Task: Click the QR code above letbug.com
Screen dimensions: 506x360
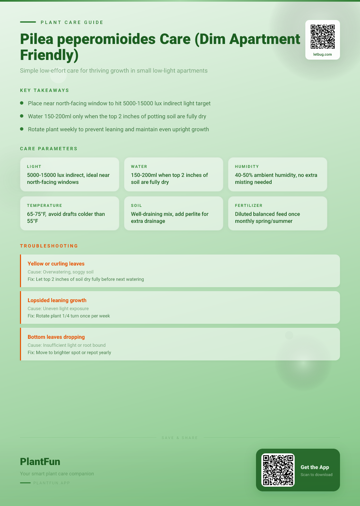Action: point(323,37)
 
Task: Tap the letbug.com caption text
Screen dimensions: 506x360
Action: point(323,54)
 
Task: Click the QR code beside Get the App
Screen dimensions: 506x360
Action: point(278,470)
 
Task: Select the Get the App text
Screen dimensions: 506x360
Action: point(315,467)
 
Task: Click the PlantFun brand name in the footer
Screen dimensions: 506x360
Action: point(40,462)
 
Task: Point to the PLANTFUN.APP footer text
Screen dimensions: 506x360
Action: point(52,483)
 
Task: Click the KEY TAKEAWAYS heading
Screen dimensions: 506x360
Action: point(45,90)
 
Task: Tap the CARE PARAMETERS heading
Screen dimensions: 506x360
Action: point(49,149)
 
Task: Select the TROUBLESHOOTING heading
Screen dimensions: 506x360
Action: point(49,246)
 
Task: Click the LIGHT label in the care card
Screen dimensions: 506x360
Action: point(34,167)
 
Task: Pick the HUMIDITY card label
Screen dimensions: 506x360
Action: point(247,167)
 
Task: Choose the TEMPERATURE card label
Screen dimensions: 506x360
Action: point(45,206)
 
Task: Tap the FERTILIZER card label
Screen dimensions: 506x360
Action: point(249,206)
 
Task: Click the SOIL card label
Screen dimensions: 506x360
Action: point(136,206)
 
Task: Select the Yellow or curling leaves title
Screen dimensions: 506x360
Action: point(56,264)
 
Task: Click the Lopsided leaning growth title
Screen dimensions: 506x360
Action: point(57,300)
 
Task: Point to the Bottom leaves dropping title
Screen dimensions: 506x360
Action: point(56,337)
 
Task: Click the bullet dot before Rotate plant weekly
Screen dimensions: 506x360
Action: point(22,129)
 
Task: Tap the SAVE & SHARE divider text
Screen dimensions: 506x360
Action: point(180,438)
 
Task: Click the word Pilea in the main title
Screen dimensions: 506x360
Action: point(37,39)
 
